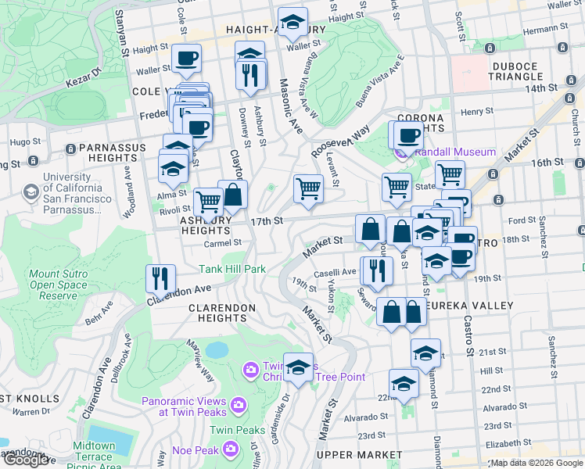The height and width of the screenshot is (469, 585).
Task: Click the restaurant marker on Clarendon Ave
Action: click(x=160, y=278)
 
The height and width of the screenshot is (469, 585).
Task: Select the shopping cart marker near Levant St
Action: click(x=308, y=189)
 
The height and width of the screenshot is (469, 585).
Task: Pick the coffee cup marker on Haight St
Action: click(x=187, y=58)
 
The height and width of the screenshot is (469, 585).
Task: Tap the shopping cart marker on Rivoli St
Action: click(x=208, y=201)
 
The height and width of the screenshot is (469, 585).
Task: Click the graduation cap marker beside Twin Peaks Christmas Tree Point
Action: click(x=298, y=367)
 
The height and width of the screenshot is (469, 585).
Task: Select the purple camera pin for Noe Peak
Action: click(x=230, y=448)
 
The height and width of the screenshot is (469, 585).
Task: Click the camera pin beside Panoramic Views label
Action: click(x=239, y=404)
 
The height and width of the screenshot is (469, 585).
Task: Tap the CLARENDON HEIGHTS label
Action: click(x=222, y=313)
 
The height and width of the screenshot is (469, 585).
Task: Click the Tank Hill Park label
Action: click(x=231, y=269)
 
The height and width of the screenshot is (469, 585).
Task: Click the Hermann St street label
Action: click(x=544, y=29)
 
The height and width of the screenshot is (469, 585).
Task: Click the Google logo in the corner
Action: click(x=26, y=460)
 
